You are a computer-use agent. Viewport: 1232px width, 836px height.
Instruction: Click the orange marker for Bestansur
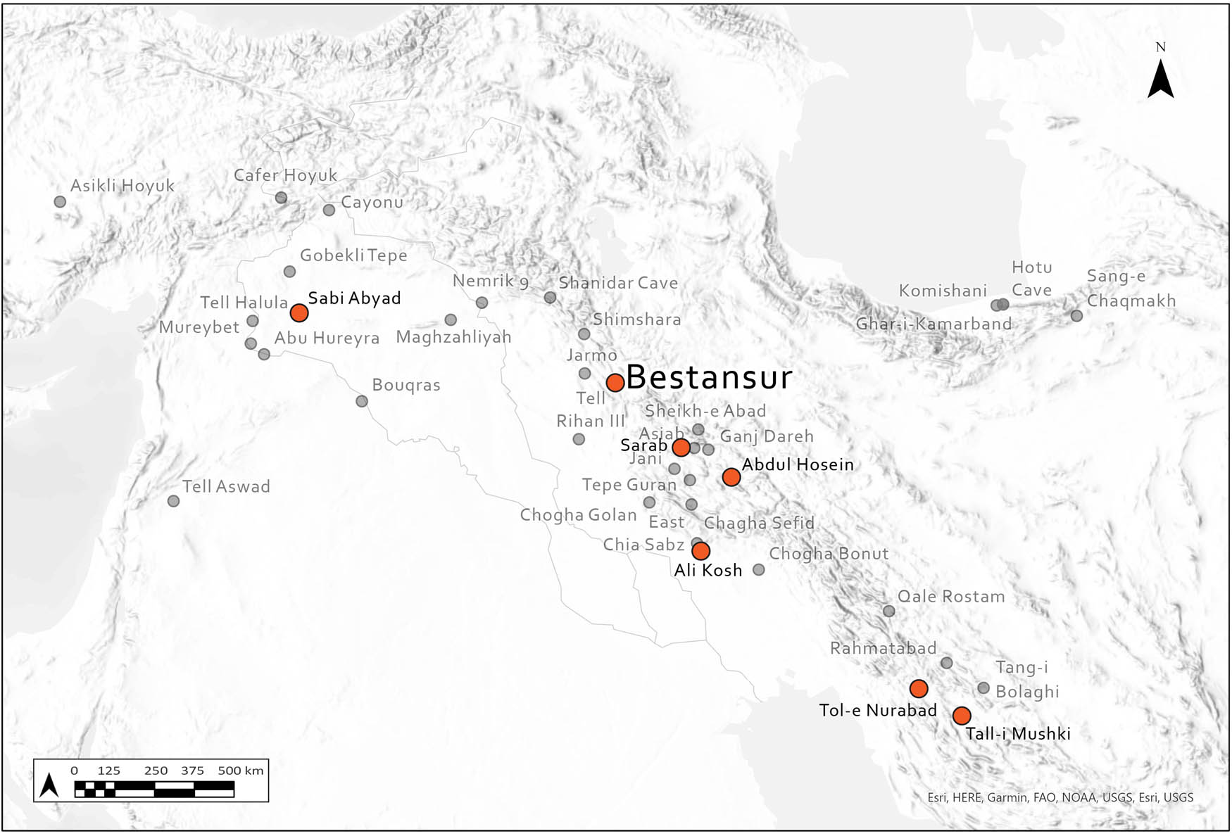615,383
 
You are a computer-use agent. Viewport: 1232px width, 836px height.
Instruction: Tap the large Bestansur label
709,378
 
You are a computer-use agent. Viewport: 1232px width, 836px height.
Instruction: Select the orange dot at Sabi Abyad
299,312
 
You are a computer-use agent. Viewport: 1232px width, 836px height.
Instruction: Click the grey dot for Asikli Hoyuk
60,202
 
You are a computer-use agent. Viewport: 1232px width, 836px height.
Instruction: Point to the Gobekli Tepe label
353,255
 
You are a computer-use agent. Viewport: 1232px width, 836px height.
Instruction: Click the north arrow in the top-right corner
1160,79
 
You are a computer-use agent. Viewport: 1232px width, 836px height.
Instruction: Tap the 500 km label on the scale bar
241,771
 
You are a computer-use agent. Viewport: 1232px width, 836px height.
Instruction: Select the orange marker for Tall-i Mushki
962,716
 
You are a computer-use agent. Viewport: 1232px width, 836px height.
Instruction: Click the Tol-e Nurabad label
878,711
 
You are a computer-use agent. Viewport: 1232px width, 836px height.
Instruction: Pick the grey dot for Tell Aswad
173,501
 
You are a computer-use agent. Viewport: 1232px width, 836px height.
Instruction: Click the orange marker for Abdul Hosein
731,477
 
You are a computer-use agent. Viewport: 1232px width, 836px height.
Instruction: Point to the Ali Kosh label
708,571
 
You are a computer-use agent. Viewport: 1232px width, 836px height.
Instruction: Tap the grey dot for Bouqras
362,401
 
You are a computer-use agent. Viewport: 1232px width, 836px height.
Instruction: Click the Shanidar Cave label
618,283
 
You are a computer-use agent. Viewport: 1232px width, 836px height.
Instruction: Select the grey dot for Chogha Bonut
758,570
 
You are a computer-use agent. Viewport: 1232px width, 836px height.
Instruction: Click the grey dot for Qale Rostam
889,611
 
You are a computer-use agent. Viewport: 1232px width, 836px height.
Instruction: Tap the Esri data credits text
1060,797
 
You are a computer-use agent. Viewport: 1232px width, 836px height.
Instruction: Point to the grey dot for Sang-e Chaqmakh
1076,316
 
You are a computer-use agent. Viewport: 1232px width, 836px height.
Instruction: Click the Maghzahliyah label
453,337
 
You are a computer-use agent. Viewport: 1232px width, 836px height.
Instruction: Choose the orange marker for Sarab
681,448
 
